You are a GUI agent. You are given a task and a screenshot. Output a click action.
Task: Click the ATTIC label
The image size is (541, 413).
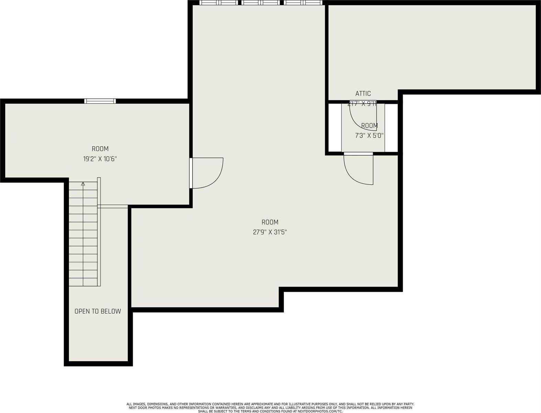(x=363, y=93)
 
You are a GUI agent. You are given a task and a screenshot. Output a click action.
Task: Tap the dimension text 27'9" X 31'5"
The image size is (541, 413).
(x=270, y=232)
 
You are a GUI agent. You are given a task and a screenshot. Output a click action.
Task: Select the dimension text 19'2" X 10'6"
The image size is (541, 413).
(x=100, y=159)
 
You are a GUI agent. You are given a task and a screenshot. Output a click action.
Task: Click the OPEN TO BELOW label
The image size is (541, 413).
(x=98, y=311)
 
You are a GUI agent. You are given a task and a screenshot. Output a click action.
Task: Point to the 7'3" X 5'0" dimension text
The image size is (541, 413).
(x=369, y=136)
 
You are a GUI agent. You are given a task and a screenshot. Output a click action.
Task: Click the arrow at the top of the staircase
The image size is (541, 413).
(x=83, y=184)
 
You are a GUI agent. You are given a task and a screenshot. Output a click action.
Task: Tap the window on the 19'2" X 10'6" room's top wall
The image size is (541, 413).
(x=100, y=101)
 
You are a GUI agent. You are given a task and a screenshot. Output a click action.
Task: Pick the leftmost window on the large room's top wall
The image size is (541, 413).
(x=219, y=3)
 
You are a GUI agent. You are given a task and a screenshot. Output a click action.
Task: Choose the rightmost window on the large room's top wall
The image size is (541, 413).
(x=303, y=3)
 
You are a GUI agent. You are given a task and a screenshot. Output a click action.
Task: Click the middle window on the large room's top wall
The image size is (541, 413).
(x=261, y=3)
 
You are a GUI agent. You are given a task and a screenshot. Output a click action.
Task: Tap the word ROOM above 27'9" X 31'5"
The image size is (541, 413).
(x=270, y=222)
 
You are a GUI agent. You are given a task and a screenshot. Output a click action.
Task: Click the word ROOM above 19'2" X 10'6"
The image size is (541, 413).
(x=100, y=149)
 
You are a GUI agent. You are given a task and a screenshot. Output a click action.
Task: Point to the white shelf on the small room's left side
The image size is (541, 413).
(x=335, y=127)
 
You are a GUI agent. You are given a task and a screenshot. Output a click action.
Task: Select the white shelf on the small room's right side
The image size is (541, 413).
(x=391, y=127)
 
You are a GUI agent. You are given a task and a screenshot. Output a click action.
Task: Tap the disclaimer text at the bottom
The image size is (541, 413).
(x=270, y=407)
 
